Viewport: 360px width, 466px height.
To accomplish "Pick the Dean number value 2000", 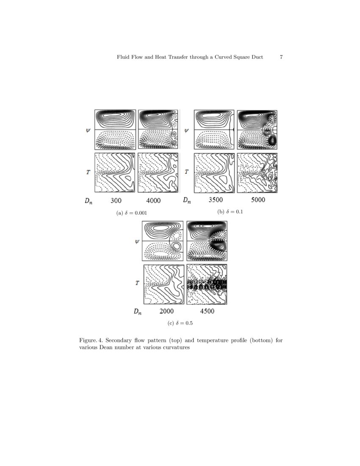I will (x=166, y=311).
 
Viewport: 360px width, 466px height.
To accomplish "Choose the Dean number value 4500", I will (x=207, y=311).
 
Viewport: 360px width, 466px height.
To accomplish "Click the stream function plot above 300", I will (x=116, y=129).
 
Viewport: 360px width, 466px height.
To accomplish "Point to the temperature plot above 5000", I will (x=258, y=173).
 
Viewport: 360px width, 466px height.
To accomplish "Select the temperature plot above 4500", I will (x=207, y=284).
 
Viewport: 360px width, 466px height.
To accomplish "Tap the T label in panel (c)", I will (x=137, y=283).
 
